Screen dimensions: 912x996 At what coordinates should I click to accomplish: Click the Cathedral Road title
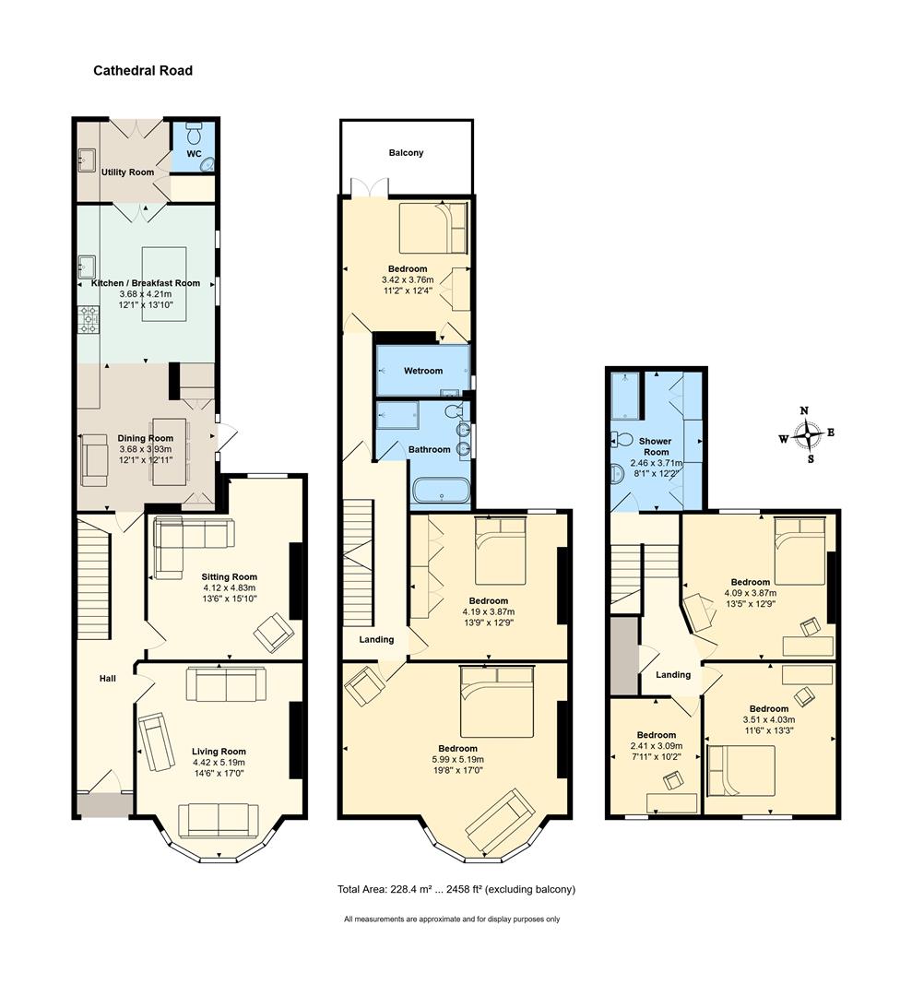click(x=143, y=70)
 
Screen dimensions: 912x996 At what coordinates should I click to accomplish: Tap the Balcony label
click(x=406, y=152)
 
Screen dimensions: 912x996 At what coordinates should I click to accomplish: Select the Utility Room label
click(x=127, y=172)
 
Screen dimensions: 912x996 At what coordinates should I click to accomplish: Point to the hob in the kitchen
click(x=89, y=319)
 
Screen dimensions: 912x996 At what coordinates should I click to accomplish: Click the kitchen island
click(x=164, y=284)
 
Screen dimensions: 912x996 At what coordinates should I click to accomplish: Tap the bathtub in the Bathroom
click(x=442, y=492)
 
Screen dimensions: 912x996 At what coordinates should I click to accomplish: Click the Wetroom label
click(x=423, y=371)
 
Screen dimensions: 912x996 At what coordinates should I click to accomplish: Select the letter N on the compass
click(x=804, y=410)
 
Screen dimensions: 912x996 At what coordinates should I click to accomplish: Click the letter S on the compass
click(x=811, y=459)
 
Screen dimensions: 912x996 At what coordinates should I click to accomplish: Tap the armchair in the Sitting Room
click(x=274, y=632)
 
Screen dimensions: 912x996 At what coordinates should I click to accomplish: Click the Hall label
click(x=107, y=679)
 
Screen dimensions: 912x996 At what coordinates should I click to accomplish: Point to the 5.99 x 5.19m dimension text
click(x=458, y=759)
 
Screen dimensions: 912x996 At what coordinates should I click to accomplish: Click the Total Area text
click(x=456, y=889)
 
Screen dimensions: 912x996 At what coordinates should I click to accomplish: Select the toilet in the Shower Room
click(x=621, y=439)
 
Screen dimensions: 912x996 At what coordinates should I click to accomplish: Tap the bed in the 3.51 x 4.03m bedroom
click(x=740, y=770)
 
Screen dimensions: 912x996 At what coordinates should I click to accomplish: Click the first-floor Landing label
click(x=376, y=640)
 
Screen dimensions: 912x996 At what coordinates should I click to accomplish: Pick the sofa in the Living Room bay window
click(x=219, y=820)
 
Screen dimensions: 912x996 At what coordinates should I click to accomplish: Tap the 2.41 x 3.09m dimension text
click(x=656, y=746)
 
